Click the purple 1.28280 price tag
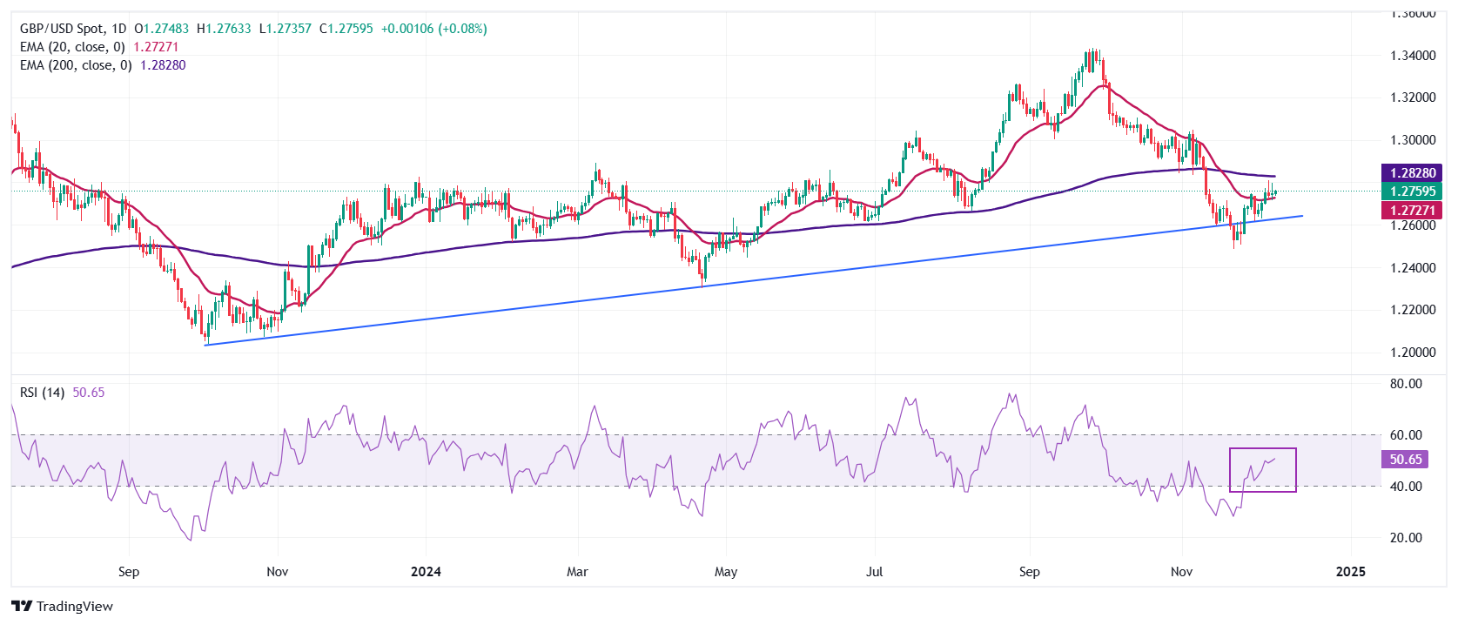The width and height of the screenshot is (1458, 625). pyautogui.click(x=1412, y=173)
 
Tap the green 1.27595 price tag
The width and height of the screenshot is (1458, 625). pyautogui.click(x=1412, y=192)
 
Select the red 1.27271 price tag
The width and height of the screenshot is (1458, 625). pyautogui.click(x=1412, y=210)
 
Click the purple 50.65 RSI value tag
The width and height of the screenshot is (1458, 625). pyautogui.click(x=1405, y=460)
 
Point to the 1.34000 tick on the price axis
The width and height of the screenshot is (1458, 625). pyautogui.click(x=1413, y=56)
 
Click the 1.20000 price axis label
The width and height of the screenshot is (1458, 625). pyautogui.click(x=1413, y=353)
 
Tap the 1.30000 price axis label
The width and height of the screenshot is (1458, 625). pyautogui.click(x=1413, y=140)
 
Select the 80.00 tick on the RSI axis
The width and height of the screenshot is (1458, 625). pyautogui.click(x=1406, y=384)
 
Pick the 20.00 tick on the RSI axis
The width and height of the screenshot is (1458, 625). pyautogui.click(x=1406, y=538)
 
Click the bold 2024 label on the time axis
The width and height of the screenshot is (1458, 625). pyautogui.click(x=426, y=572)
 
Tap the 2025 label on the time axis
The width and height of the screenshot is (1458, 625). pyautogui.click(x=1350, y=572)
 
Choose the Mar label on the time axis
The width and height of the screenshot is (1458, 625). pyautogui.click(x=577, y=572)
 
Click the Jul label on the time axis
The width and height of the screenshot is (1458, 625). pyautogui.click(x=874, y=572)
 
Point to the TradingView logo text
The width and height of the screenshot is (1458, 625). pyautogui.click(x=74, y=607)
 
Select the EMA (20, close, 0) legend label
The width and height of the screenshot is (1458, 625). pyautogui.click(x=72, y=47)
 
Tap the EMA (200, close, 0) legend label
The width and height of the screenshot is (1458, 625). pyautogui.click(x=76, y=65)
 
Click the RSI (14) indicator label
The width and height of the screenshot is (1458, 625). pyautogui.click(x=42, y=393)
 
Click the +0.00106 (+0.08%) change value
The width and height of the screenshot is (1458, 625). pyautogui.click(x=434, y=29)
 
